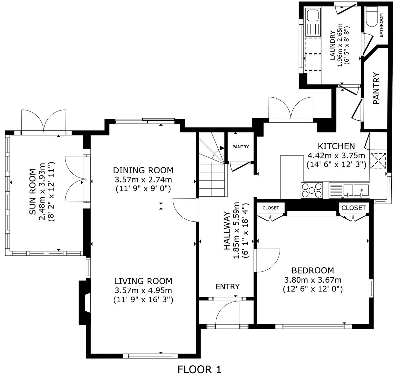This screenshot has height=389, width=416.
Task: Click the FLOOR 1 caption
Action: click(199, 370)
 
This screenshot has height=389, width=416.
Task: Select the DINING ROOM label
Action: click(143, 170)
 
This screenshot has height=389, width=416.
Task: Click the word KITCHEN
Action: click(336, 146)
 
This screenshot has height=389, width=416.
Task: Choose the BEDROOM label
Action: click(313, 270)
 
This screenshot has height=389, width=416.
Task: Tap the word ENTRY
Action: click(228, 286)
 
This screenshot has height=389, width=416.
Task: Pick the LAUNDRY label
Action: click(332, 45)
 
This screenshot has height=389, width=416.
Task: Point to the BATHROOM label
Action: click(381, 25)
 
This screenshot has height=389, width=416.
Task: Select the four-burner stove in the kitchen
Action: click(312, 190)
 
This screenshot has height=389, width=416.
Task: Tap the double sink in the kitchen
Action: click(349, 190)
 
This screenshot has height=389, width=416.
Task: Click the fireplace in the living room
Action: click(85, 303)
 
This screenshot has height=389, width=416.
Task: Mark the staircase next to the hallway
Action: click(213, 164)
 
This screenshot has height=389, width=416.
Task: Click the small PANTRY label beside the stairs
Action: click(240, 147)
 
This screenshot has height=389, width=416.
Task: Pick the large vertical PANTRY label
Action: click(377, 88)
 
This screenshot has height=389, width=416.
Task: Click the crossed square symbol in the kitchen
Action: click(378, 161)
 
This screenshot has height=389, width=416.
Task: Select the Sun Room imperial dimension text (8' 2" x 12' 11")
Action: click(51, 192)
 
